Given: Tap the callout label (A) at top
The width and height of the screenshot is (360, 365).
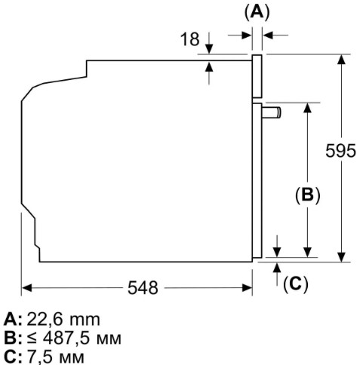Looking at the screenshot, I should coord(257,11).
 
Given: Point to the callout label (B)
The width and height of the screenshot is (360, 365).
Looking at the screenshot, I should coord(307,195).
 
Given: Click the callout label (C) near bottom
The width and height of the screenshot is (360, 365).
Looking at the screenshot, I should coord(296,284).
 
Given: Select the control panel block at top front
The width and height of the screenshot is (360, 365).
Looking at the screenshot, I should coord(257,78).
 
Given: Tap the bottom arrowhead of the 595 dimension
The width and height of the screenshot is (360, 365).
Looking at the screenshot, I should coord(341,256).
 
